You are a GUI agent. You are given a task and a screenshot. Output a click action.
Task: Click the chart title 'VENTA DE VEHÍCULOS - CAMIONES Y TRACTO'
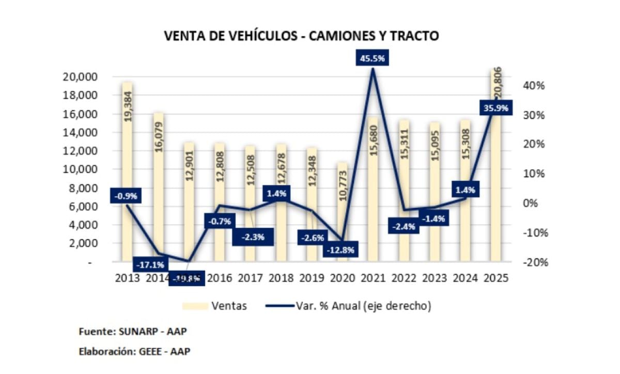[x=301, y=36]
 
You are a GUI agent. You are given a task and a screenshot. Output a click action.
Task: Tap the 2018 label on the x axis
[x=281, y=277]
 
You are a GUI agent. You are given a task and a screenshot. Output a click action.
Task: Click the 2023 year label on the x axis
[x=435, y=277]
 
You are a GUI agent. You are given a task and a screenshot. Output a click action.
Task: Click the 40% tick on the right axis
[x=532, y=85]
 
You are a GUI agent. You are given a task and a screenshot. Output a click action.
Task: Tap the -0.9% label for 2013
[x=126, y=196]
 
